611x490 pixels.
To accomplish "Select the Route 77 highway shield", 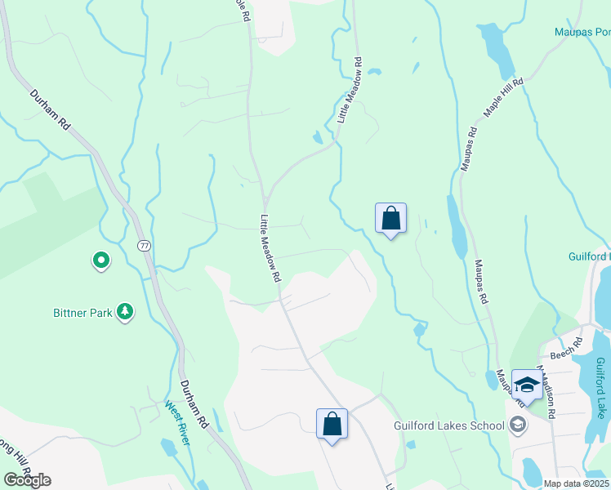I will [144, 245].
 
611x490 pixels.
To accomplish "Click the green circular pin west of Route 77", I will [100, 261].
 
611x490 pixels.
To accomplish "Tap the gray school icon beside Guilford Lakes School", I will [516, 425].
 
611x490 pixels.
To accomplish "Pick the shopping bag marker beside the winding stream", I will [390, 218].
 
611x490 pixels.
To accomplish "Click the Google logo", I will [27, 480].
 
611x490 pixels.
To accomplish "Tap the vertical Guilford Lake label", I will [600, 388].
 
